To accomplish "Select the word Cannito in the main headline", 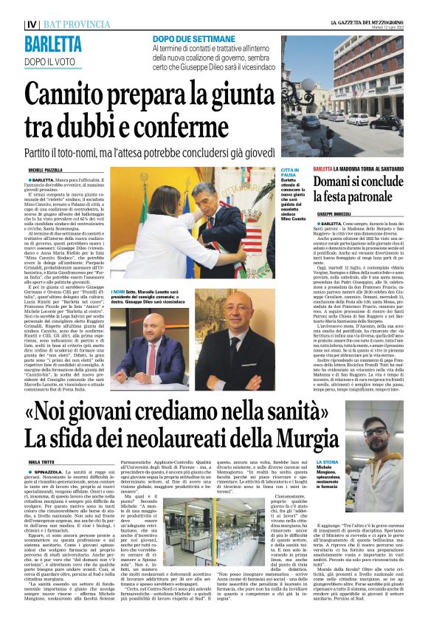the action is click(x=74, y=95).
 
